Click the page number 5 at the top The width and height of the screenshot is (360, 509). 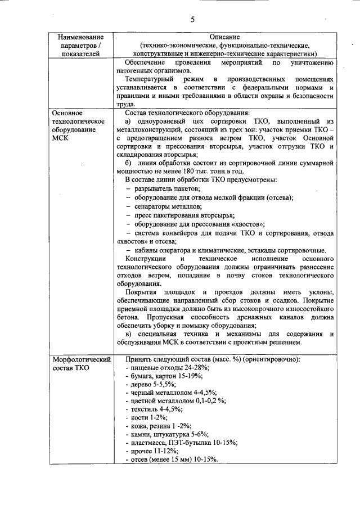(192, 20)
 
